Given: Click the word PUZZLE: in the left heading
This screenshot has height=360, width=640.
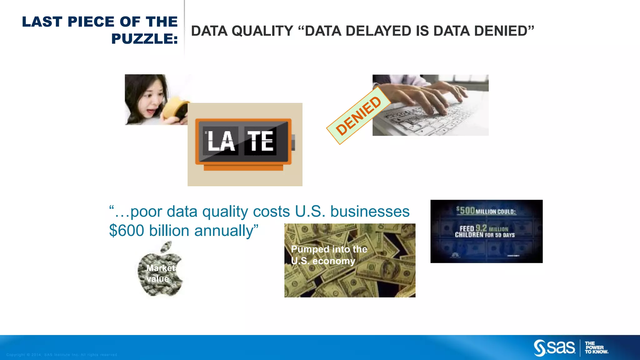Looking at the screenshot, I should [x=144, y=39].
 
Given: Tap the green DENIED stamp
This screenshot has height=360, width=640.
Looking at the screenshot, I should [x=358, y=116].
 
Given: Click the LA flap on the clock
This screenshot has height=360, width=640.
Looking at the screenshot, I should [x=221, y=141].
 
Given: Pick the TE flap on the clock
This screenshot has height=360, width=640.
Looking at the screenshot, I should [x=260, y=141].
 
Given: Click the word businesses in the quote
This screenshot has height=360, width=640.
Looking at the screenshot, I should [x=370, y=212].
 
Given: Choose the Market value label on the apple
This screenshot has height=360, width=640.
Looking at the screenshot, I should [x=160, y=273].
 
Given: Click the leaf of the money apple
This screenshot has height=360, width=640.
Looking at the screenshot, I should [x=166, y=247].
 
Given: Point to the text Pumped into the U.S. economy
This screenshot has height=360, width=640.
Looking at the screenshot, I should [x=329, y=255].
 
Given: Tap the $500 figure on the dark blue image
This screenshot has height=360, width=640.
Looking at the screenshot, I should [x=466, y=210].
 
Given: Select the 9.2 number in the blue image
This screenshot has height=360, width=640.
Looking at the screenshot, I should [x=481, y=228].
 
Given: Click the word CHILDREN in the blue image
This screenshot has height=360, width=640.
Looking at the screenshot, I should [x=469, y=235].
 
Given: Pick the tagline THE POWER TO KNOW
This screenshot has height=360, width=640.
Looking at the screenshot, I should [x=596, y=347].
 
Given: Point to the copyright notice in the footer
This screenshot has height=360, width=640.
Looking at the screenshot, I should [x=62, y=355].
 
